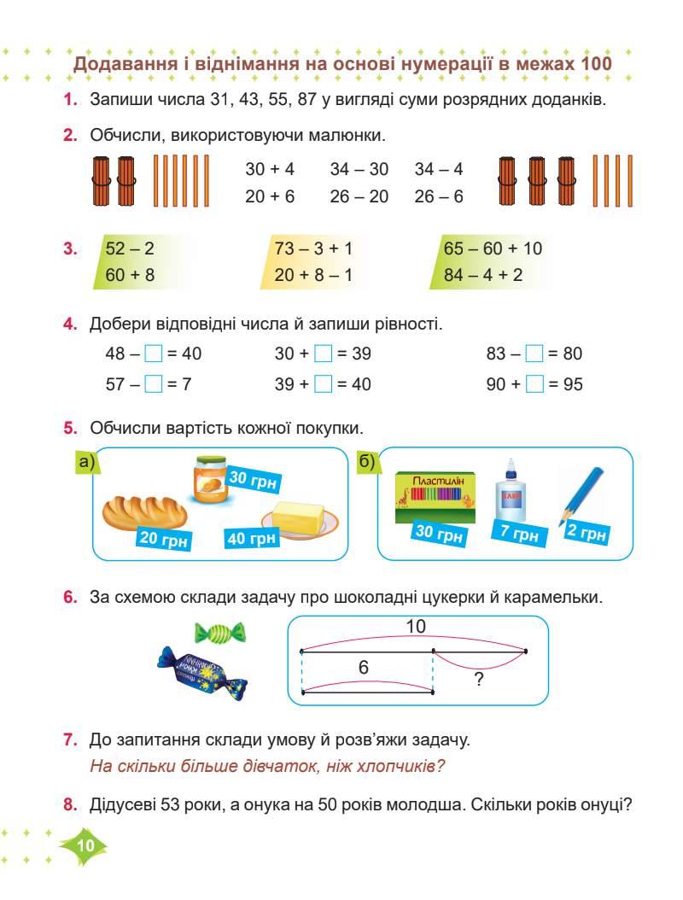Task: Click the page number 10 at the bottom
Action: click(x=85, y=845)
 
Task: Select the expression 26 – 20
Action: click(x=359, y=196)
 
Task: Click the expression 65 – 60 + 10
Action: click(x=493, y=248)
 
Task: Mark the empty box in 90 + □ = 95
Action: click(x=534, y=384)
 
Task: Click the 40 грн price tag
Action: click(x=252, y=537)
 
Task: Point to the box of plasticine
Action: click(x=435, y=500)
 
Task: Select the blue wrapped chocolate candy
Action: click(x=201, y=671)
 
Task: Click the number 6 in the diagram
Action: click(x=364, y=669)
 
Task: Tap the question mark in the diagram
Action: click(x=479, y=680)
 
